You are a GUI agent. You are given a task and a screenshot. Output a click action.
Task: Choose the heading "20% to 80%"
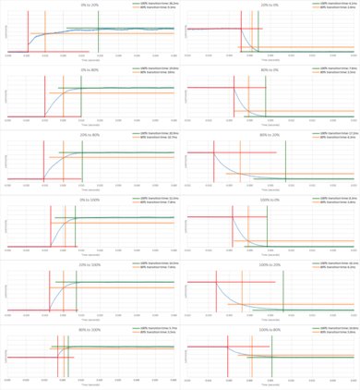click(89, 134)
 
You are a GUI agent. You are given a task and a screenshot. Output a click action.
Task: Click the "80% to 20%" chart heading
click(270, 134)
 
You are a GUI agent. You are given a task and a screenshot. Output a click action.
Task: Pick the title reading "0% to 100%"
click(89, 199)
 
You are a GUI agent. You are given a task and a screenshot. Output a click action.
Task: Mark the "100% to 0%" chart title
click(270, 199)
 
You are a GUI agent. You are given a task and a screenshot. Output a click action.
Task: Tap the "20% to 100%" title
click(89, 263)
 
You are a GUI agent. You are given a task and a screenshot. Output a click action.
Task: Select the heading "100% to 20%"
click(270, 263)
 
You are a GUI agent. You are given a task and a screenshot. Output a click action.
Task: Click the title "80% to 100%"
click(89, 328)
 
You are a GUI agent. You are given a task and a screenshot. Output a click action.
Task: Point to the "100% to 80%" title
click(270, 328)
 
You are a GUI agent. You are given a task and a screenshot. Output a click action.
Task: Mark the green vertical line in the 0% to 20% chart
click(97, 32)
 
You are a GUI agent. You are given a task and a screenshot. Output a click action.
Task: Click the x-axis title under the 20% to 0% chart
click(270, 64)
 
